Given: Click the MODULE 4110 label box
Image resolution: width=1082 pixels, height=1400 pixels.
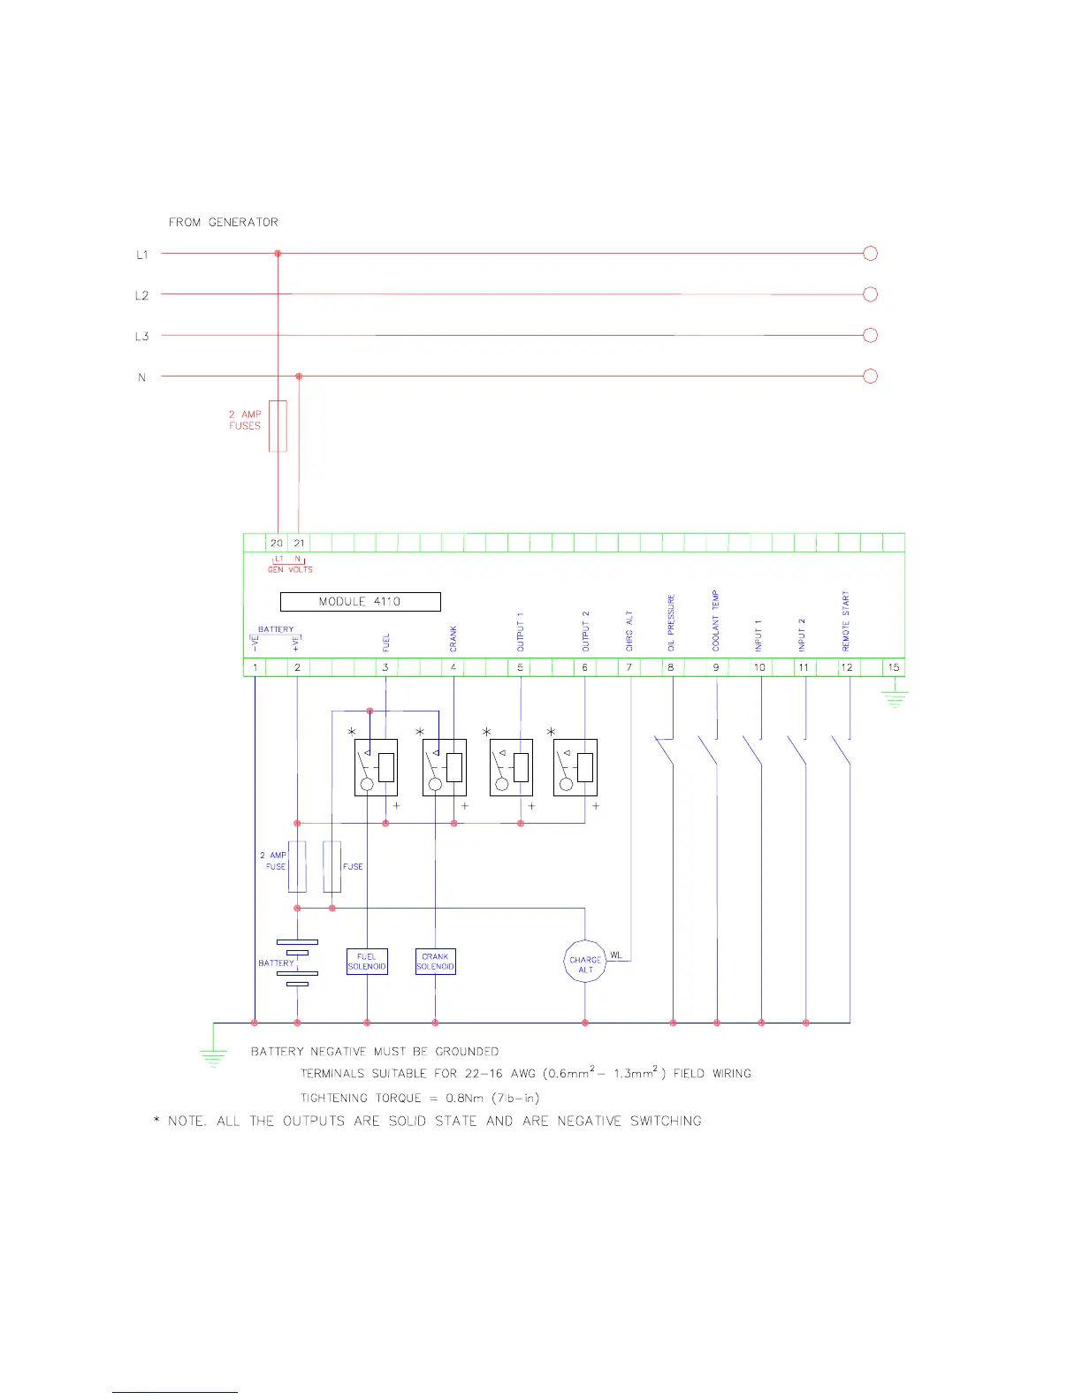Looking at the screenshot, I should coord(360,602).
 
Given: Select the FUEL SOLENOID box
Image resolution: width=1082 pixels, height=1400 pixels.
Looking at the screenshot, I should coord(367,962).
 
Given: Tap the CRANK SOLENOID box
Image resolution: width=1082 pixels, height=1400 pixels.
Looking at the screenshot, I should coord(435,962).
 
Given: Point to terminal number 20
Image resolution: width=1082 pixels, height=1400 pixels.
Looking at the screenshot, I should coord(277,544).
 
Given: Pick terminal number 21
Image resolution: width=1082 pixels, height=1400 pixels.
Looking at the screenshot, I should coord(299,544).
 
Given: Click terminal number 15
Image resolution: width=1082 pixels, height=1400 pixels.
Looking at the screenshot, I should coord(894,667).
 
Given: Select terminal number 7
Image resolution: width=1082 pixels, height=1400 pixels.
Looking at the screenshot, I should coord(629,667).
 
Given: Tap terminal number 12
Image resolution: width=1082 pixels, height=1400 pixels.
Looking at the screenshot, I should coord(847,667).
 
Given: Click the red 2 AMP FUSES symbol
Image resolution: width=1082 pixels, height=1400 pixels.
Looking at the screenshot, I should coord(278,426).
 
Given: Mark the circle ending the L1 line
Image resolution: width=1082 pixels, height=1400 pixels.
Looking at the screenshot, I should coord(870,254).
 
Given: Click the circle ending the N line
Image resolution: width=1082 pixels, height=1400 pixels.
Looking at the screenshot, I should coord(870,377).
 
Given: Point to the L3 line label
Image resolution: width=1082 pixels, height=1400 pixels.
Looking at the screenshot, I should coord(141,337).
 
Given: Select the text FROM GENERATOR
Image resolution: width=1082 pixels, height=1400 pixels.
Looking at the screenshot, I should coord(224,223).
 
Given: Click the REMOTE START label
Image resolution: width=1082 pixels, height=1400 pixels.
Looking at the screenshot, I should coord(846,622).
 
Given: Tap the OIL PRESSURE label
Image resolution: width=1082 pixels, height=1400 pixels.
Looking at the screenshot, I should coord(671,623).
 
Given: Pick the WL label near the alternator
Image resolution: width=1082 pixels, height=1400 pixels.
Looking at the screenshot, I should coord(616,955).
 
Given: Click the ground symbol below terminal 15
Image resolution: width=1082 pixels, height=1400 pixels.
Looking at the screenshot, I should coord(895,700).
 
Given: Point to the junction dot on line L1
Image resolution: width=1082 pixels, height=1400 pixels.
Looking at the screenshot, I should coord(278,254).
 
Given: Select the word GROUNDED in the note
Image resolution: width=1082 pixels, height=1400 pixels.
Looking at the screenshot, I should coord(467,1052).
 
